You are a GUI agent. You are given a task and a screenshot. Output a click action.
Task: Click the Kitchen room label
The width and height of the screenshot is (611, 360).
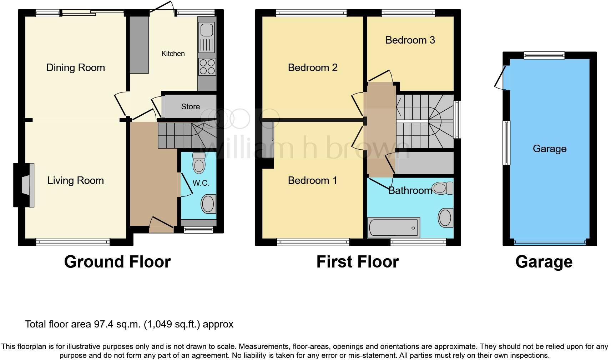(x=173, y=54)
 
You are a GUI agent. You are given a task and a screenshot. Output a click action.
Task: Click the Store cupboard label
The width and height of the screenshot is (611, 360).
(x=190, y=106)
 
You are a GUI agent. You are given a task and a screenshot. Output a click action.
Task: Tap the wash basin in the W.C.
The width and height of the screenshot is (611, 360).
(x=208, y=204)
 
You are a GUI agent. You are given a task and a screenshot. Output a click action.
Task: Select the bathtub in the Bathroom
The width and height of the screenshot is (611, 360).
(x=393, y=227)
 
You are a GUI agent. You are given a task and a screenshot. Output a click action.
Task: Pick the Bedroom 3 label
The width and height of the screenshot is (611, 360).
(x=410, y=40)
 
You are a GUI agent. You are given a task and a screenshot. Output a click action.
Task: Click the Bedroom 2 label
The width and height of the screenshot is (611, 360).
(x=313, y=67)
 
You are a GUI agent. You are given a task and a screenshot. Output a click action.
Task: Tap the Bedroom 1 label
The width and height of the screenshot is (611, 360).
(x=312, y=180)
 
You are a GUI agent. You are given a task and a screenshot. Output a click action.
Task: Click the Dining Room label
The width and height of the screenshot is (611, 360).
(x=76, y=67)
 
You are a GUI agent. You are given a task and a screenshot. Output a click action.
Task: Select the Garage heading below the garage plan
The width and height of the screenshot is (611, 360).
(x=544, y=262)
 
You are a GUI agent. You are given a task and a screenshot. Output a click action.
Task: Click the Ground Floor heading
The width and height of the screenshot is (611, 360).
(x=117, y=262)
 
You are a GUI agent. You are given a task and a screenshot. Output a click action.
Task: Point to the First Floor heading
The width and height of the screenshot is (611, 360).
(x=357, y=262)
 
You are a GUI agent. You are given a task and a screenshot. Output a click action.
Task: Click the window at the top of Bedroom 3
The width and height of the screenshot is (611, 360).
(x=408, y=14)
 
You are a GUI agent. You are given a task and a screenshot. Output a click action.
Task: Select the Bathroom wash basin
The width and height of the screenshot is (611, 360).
(x=445, y=217)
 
